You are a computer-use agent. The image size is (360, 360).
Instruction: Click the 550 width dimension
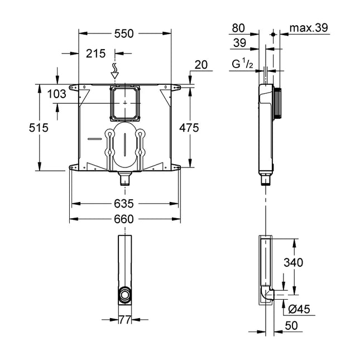tap(124, 33)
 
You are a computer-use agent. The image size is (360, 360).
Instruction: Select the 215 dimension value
tap(96, 54)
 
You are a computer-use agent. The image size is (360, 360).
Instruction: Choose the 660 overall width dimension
tap(124, 219)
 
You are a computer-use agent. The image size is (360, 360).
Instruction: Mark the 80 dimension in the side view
tap(238, 28)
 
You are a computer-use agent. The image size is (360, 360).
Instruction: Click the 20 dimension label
tap(201, 65)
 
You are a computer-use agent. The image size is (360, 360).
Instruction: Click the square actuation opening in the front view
tap(125, 103)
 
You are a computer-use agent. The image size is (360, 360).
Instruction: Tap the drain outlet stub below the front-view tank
tap(124, 180)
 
